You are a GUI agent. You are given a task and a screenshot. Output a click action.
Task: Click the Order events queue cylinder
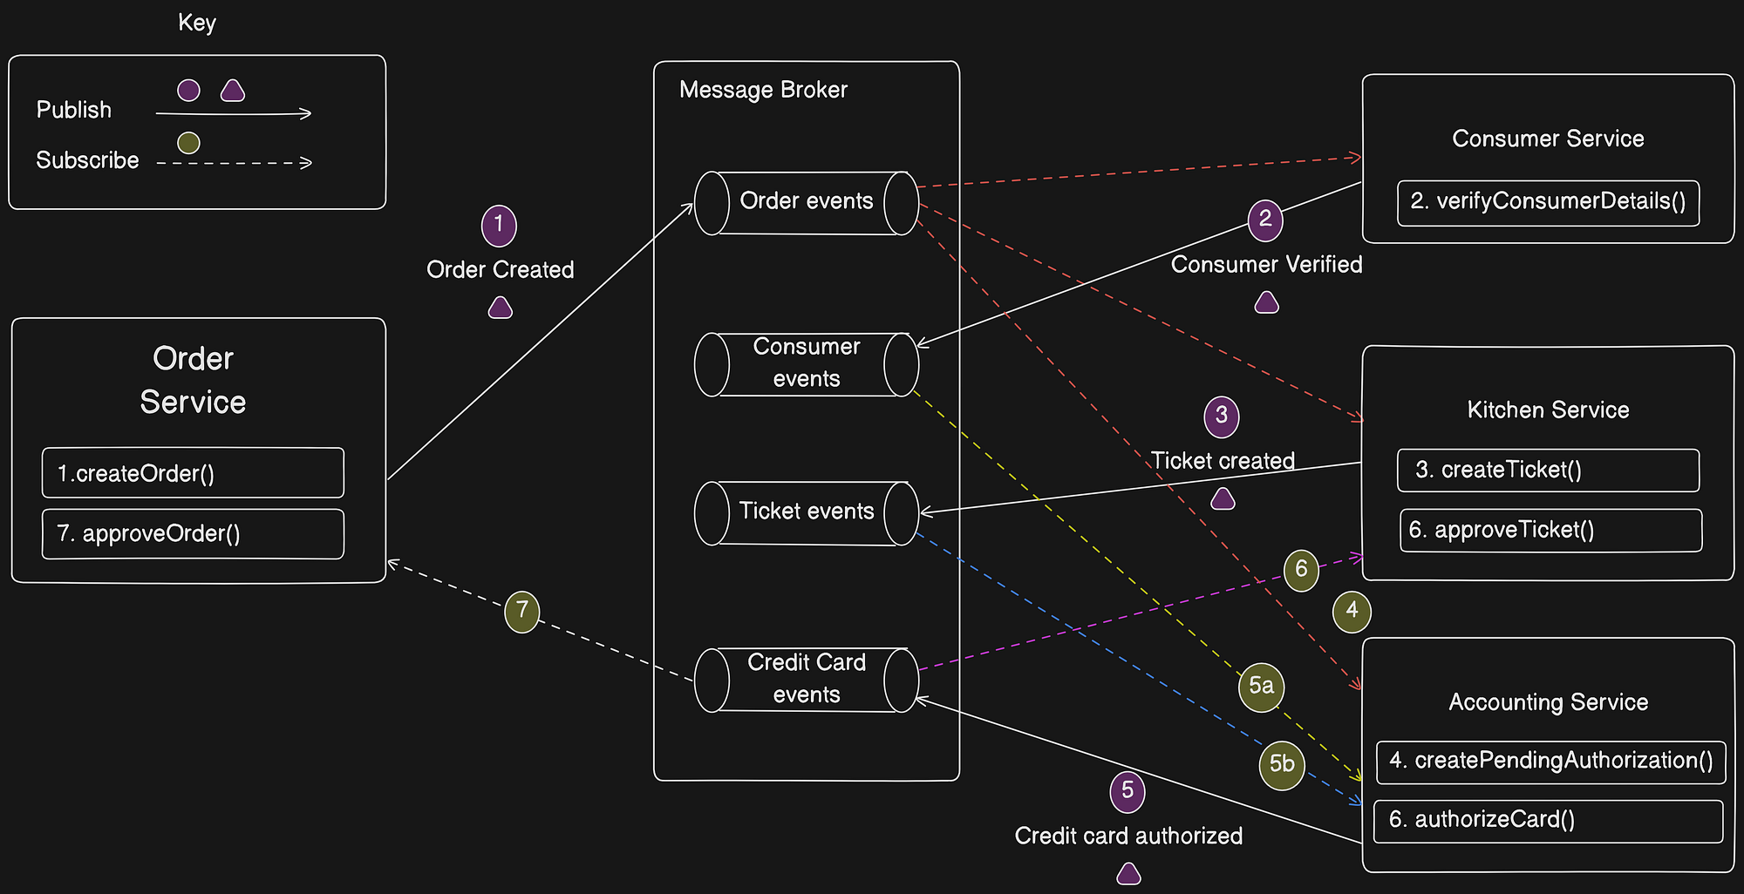point(806,202)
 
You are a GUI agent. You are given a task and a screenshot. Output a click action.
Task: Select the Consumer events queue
point(806,363)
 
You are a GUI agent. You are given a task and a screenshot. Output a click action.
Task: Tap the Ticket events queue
point(806,512)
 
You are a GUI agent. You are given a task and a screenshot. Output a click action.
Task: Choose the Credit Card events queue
point(806,679)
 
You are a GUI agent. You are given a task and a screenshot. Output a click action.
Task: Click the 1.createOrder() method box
point(193,473)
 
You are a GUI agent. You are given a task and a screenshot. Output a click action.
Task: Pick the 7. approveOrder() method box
point(193,533)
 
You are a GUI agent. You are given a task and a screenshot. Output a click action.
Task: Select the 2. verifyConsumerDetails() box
point(1548,202)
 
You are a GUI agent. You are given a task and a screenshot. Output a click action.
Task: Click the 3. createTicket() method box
point(1548,471)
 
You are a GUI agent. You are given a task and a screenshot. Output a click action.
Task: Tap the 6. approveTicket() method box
point(1550,530)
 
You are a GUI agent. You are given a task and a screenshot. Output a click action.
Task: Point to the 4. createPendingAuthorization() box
point(1550,762)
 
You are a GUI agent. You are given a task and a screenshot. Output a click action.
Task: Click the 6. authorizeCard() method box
point(1548,821)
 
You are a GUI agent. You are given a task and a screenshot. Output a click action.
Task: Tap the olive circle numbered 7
point(521,611)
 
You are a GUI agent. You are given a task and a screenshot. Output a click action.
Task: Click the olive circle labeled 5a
point(1261,687)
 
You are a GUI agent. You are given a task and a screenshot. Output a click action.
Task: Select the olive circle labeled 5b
point(1281,765)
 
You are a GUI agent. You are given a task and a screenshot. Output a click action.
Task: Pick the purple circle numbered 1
point(499,226)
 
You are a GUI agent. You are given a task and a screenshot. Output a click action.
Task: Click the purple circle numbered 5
point(1127,791)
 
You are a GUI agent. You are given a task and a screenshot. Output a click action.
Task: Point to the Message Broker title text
point(763,91)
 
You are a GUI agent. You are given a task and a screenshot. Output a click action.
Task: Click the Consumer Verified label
point(1266,265)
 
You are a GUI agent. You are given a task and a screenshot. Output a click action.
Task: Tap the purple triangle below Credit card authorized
point(1128,874)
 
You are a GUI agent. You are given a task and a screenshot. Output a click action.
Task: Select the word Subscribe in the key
point(87,160)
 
